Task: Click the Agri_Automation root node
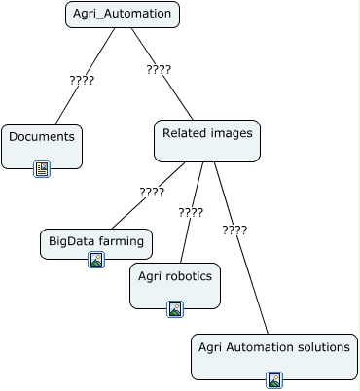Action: tap(123, 15)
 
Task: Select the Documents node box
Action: tap(42, 147)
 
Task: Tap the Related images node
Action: tap(207, 141)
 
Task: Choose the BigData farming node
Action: tap(96, 244)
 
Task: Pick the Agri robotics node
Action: tap(175, 286)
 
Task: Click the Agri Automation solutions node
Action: tap(274, 357)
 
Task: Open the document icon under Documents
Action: tap(42, 169)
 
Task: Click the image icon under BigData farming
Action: tap(96, 260)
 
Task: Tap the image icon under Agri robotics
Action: tap(175, 309)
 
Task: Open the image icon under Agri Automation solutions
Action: tap(274, 380)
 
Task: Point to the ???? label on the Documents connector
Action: tap(82, 80)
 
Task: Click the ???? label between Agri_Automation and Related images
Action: tap(159, 70)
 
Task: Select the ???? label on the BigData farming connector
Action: tap(152, 193)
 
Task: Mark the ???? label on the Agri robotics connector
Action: tap(191, 213)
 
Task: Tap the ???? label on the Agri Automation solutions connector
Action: tap(234, 231)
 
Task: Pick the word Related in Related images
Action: tap(185, 133)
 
